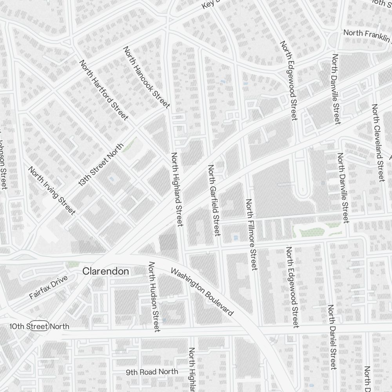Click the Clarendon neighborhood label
(x=105, y=271)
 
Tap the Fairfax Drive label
(x=49, y=287)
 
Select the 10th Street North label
(x=40, y=326)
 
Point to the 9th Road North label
(x=152, y=372)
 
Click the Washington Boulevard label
(x=202, y=292)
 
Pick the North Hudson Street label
(x=153, y=297)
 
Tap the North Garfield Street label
(x=214, y=200)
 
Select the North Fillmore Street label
(x=251, y=234)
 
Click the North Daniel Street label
(x=332, y=336)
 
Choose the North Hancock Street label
(x=147, y=77)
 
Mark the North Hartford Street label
(x=104, y=90)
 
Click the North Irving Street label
(x=52, y=191)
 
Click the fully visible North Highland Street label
(x=177, y=189)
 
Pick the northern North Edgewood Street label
(x=289, y=80)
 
